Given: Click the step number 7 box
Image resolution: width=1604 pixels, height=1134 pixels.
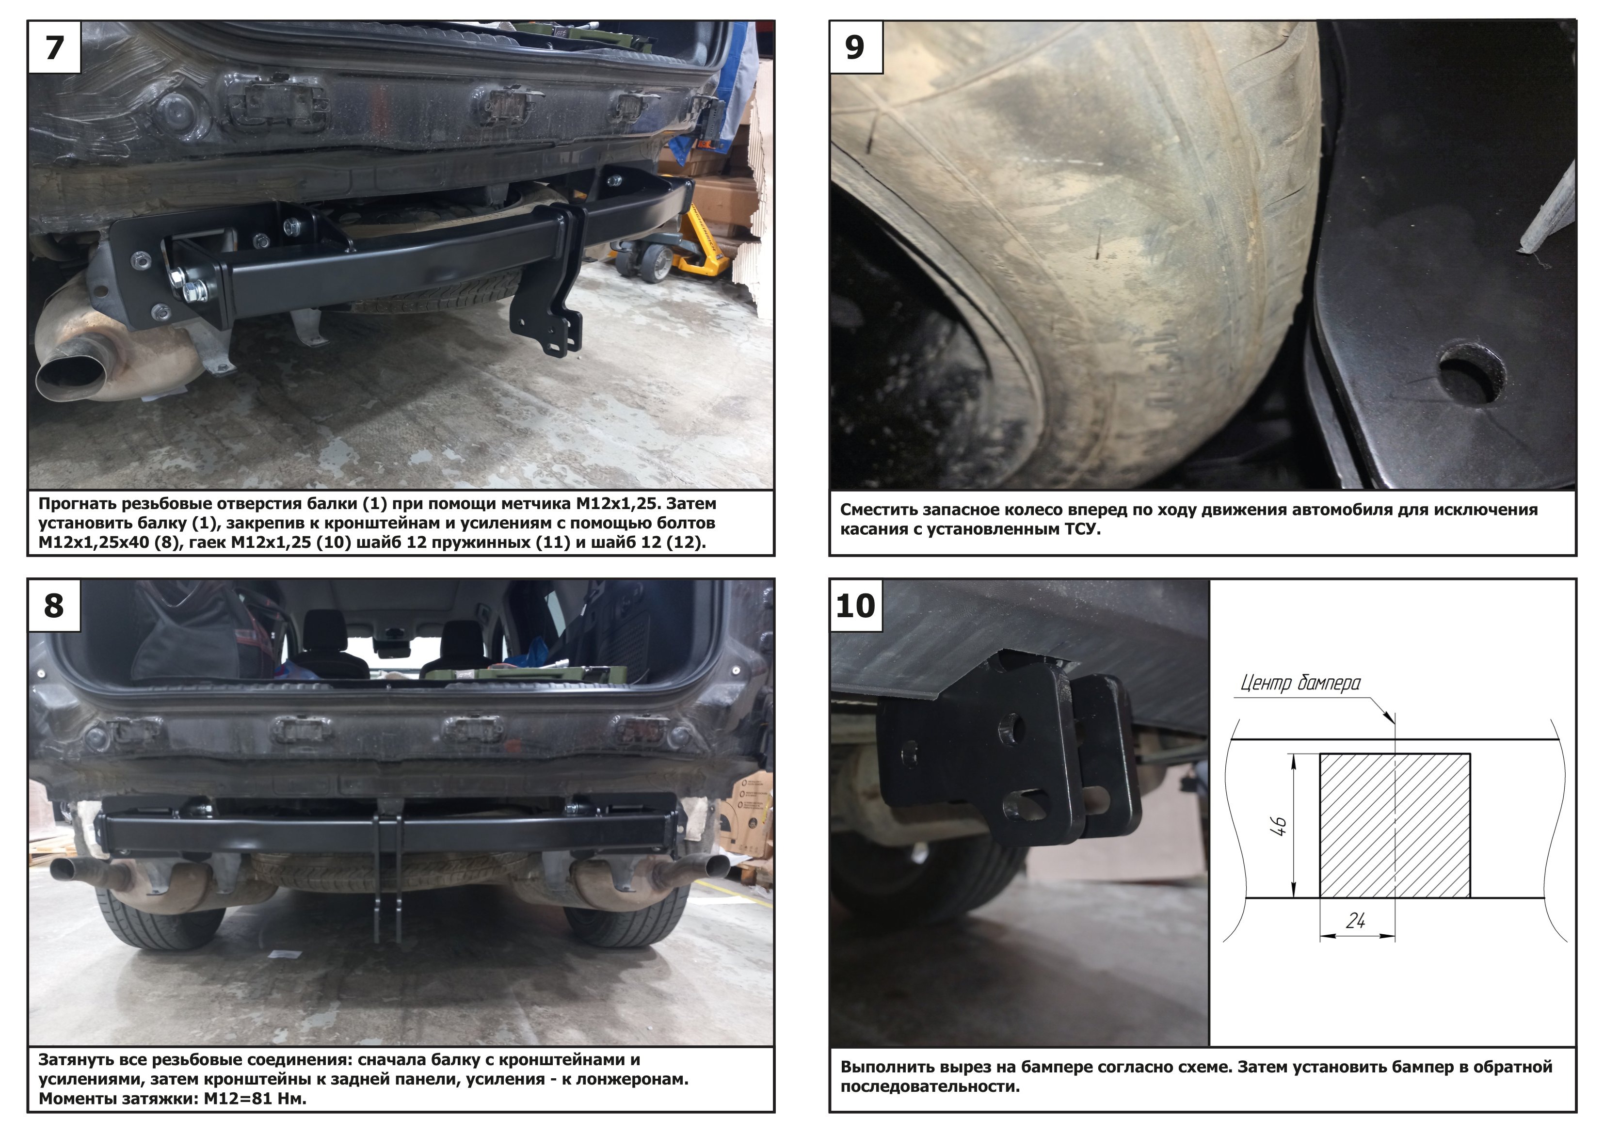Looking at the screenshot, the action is [x=54, y=47].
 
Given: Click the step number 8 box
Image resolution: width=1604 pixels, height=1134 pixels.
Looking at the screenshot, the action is [x=54, y=605].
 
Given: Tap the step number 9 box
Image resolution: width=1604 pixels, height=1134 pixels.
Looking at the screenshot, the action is [x=856, y=47].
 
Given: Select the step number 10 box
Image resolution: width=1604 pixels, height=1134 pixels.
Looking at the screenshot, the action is [x=856, y=605].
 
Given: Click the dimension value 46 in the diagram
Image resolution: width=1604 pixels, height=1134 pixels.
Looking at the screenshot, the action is [x=1281, y=827].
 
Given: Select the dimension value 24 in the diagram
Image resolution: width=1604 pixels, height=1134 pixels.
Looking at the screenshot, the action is [x=1355, y=921].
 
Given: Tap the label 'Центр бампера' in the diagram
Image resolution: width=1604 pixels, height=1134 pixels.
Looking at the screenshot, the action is [x=1300, y=683].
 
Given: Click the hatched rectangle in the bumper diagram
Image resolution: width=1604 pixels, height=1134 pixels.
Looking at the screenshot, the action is [x=1395, y=825].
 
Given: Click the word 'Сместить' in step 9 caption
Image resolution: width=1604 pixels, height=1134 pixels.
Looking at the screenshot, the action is [x=879, y=510].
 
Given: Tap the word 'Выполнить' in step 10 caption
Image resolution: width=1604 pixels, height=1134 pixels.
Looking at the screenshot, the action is [x=884, y=1067].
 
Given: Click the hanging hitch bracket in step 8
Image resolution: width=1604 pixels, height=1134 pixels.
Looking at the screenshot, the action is [x=388, y=873].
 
